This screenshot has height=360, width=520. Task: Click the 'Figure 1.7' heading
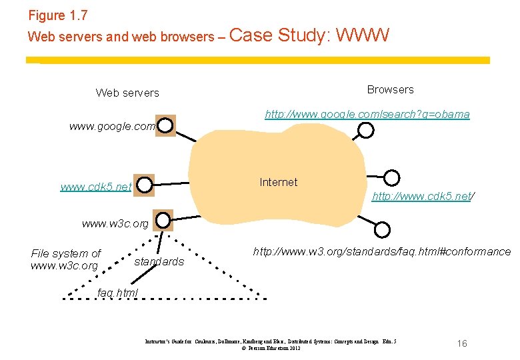point(58,15)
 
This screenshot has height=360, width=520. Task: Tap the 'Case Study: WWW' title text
point(309,35)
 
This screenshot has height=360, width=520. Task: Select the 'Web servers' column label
point(127,93)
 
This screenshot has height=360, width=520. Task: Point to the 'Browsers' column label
point(390,89)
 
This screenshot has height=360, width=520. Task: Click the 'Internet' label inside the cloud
point(278,182)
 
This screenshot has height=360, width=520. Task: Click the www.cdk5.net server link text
point(96,187)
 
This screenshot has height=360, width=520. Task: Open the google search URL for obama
point(367,115)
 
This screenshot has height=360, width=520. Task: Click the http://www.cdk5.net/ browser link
point(423,196)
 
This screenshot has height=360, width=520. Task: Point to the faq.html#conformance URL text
point(382,251)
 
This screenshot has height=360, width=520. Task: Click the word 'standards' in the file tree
point(159,262)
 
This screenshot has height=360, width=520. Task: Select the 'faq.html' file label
point(117,293)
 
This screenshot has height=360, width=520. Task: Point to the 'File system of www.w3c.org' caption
point(65,259)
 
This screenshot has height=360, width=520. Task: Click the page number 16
point(462,343)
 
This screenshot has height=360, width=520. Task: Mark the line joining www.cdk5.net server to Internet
point(171,183)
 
